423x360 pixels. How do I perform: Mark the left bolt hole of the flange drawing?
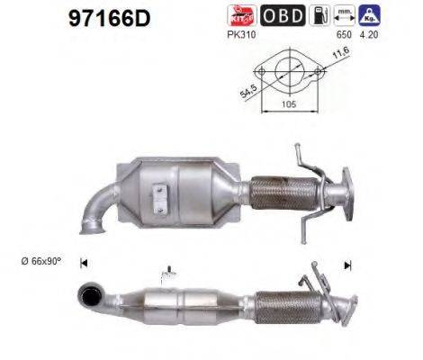click(261, 72)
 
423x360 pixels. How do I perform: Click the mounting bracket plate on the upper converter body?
click(160, 195)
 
